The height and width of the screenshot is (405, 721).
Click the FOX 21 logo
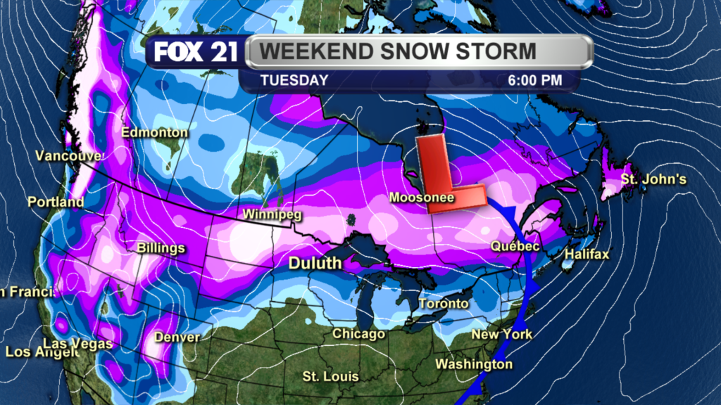pyautogui.click(x=195, y=53)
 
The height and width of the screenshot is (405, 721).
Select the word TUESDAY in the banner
pyautogui.click(x=294, y=80)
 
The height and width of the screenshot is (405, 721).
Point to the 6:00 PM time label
pyautogui.click(x=535, y=80)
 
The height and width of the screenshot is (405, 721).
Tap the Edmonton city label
pyautogui.click(x=154, y=132)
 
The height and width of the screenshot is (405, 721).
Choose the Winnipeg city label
pyautogui.click(x=267, y=214)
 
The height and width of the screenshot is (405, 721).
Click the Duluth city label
pyautogui.click(x=315, y=263)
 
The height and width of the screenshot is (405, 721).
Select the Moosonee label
pyautogui.click(x=422, y=198)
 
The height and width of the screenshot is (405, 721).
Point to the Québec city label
pyautogui.click(x=515, y=247)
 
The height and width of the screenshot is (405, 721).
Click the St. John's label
pyautogui.click(x=653, y=179)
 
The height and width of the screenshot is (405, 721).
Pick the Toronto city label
pyautogui.click(x=443, y=304)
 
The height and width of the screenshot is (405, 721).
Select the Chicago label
pyautogui.click(x=358, y=333)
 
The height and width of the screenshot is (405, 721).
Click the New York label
pyautogui.click(x=501, y=334)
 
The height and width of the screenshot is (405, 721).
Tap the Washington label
pyautogui.click(x=474, y=364)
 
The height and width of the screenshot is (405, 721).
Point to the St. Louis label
pyautogui.click(x=331, y=376)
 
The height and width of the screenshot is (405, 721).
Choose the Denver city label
pyautogui.click(x=176, y=337)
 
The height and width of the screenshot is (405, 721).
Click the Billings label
pyautogui.click(x=161, y=248)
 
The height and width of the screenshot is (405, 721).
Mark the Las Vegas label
pyautogui.click(x=77, y=344)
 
